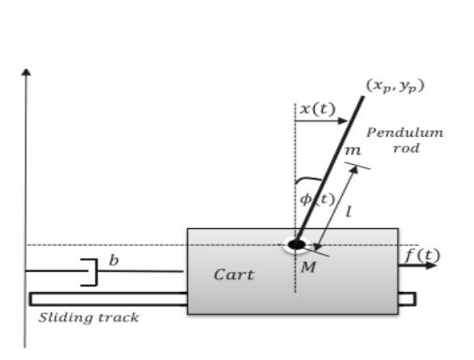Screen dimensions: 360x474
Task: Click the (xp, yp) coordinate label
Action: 396,85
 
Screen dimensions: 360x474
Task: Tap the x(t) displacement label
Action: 316,108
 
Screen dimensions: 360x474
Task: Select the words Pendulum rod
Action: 404,140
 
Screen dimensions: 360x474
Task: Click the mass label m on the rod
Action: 351,150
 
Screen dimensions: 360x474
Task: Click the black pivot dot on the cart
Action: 297,244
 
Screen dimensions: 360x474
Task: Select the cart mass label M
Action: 307,267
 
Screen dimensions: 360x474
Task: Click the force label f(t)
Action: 421,256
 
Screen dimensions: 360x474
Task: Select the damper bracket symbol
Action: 90,273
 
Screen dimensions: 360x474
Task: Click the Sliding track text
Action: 89,317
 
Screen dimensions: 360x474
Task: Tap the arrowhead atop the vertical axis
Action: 27,72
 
